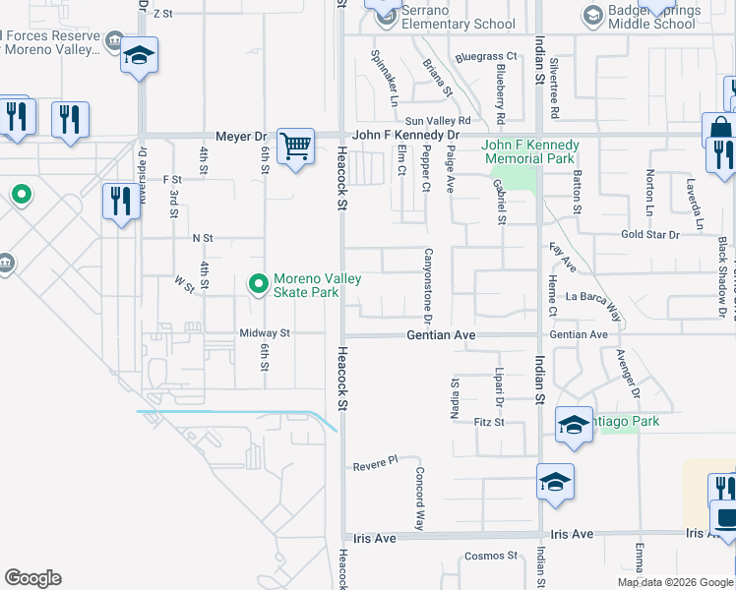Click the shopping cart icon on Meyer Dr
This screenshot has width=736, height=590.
(x=295, y=147)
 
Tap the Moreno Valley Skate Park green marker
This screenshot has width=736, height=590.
(x=258, y=285)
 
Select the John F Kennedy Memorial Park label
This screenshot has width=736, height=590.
(x=529, y=151)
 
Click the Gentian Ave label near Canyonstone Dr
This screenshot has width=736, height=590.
(x=442, y=335)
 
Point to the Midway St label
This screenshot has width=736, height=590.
(x=265, y=333)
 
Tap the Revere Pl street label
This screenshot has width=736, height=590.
(x=374, y=460)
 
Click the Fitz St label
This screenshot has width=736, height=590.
(x=488, y=422)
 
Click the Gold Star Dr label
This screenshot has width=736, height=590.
(x=649, y=235)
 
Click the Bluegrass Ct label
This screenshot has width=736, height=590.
(x=486, y=57)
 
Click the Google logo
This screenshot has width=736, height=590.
(x=32, y=578)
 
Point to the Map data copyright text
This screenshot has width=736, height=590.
(x=675, y=582)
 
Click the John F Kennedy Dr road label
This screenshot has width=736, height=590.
(x=405, y=135)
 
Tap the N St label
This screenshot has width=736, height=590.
(x=203, y=238)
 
